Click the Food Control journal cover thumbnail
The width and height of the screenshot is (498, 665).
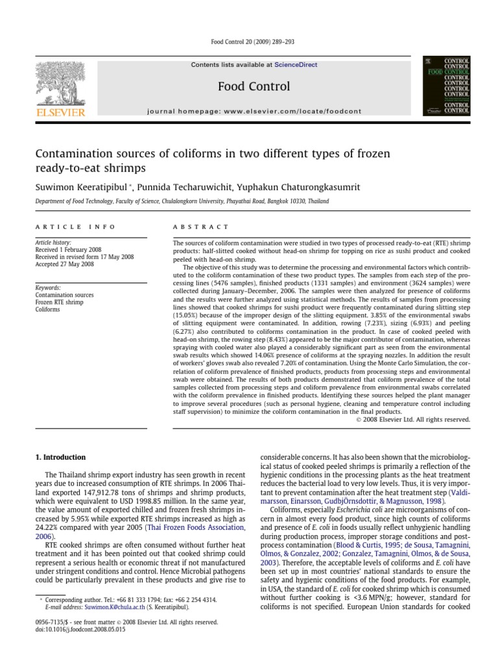point(445,86)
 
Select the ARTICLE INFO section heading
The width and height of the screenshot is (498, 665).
point(75,227)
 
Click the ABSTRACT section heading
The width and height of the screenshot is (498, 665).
point(200,227)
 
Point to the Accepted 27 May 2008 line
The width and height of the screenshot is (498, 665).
point(64,264)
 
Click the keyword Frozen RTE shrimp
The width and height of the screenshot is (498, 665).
point(59,302)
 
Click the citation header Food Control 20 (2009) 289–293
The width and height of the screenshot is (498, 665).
point(249,42)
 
